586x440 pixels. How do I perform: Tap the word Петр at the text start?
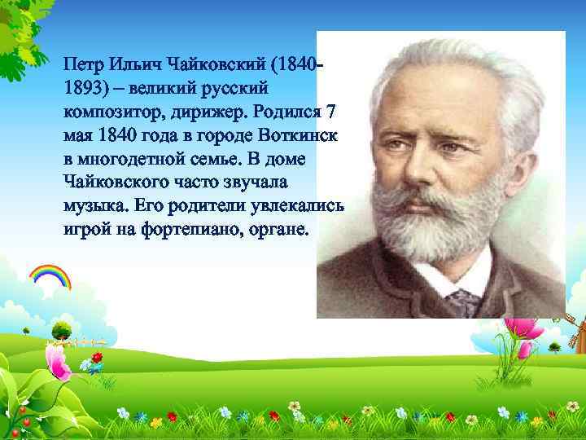coord(84,64)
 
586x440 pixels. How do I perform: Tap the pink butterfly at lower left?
coord(59,363)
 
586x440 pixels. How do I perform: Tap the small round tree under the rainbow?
coord(62,330)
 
